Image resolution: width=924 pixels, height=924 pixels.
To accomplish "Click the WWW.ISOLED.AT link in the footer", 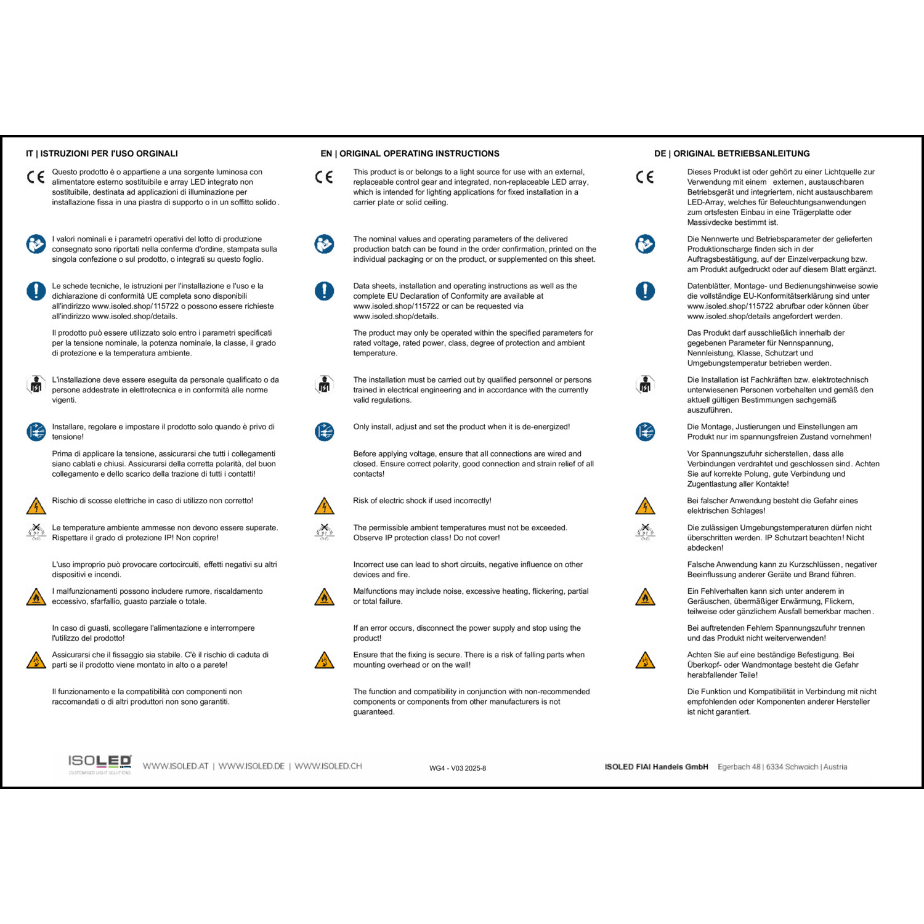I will coord(176,766).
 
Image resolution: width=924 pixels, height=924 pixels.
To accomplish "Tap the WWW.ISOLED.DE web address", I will coord(251,766).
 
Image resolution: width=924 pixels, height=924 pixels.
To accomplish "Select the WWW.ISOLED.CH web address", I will coord(328,766).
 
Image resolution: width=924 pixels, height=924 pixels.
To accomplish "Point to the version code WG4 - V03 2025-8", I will coord(458,768).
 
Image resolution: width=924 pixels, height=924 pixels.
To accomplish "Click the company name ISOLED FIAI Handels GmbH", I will coord(656,767).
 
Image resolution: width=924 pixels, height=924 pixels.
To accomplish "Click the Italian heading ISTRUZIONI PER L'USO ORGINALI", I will coord(109,153).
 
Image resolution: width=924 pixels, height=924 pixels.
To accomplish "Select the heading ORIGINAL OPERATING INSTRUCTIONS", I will coord(419,153).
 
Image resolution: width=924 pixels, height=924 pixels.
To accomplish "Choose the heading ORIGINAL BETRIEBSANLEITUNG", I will coord(741,153).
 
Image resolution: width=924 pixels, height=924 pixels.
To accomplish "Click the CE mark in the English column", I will coord(324,177).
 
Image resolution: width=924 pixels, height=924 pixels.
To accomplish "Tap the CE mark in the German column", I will coord(645,177).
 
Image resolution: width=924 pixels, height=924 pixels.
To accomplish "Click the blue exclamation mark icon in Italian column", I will coord(36,291).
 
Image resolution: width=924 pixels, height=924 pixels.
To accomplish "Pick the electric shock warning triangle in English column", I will coord(324,506).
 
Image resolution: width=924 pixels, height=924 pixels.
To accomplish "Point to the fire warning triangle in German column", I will coord(645,597).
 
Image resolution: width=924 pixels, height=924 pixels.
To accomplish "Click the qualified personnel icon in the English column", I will coord(324,385).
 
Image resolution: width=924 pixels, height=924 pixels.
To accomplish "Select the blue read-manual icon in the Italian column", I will coord(36,244).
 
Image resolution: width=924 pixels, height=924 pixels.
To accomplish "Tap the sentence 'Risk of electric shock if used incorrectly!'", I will coord(422,501).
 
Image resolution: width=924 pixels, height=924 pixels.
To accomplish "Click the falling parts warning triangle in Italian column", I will coord(36,660).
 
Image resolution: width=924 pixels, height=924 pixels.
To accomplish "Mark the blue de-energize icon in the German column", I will coord(645,432).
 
